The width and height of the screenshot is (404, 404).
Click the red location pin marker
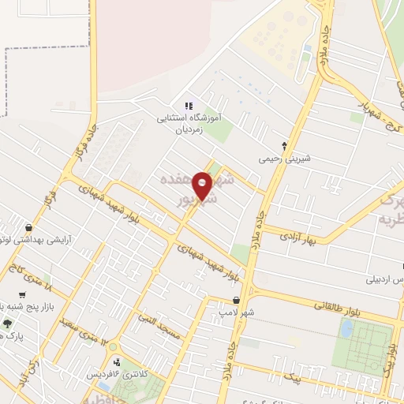click(203, 185)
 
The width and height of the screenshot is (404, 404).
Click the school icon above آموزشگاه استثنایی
click(188, 106)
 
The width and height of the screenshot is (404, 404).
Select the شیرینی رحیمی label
click(286, 159)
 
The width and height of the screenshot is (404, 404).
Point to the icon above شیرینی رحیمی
click(285, 145)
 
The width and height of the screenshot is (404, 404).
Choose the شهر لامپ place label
click(234, 312)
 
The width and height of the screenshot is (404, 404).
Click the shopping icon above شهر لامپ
click(237, 300)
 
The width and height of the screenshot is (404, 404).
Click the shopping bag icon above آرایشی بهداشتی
click(28, 226)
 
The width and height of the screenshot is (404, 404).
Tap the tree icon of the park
click(8, 323)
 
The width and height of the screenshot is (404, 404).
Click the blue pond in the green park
click(346, 328)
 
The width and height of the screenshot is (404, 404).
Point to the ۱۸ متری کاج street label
click(36, 280)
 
